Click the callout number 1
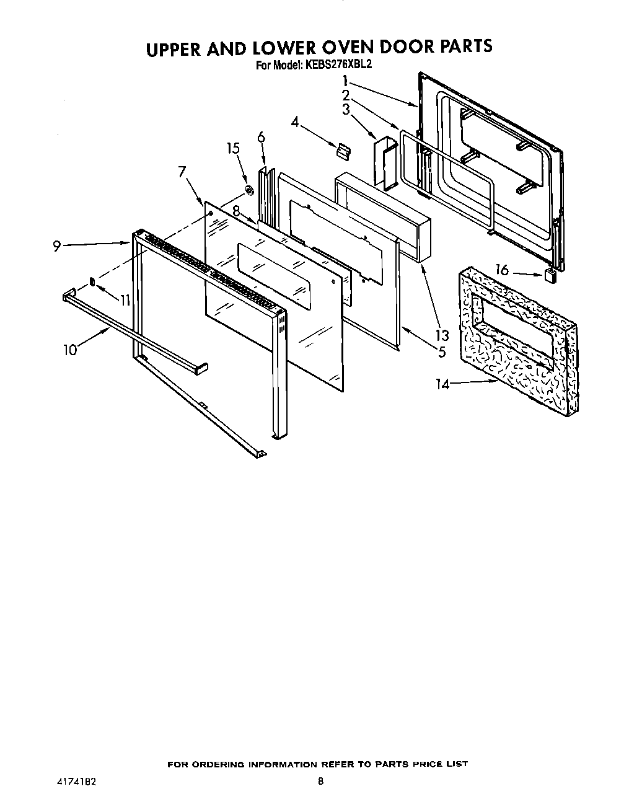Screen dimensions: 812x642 (345, 81)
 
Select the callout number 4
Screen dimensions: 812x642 (296, 123)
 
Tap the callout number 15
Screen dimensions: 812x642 (233, 148)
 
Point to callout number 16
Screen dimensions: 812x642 (502, 270)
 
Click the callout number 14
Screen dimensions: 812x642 (442, 384)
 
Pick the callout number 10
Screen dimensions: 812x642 (69, 350)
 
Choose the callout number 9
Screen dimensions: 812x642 (56, 246)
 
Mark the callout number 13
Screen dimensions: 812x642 (441, 335)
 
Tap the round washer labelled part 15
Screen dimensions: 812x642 (248, 190)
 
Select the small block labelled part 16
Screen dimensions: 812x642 (548, 275)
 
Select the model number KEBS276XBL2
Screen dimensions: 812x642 (338, 64)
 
